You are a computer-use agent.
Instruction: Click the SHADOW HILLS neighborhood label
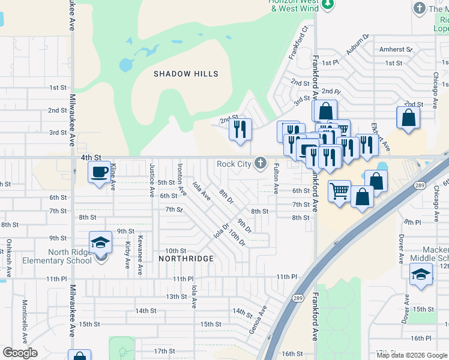point(185,74)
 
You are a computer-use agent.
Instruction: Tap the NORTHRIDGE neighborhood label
point(185,258)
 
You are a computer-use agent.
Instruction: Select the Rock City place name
point(234,164)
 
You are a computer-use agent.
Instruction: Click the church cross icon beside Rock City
point(261,163)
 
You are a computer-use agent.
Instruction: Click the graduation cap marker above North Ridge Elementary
point(101,242)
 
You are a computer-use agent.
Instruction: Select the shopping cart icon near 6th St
point(339,191)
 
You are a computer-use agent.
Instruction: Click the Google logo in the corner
point(20,353)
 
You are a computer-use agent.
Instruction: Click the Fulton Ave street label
point(276,179)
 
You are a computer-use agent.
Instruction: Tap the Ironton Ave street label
point(180,176)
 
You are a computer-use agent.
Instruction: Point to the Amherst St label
point(396,49)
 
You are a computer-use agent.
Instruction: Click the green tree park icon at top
point(327,5)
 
